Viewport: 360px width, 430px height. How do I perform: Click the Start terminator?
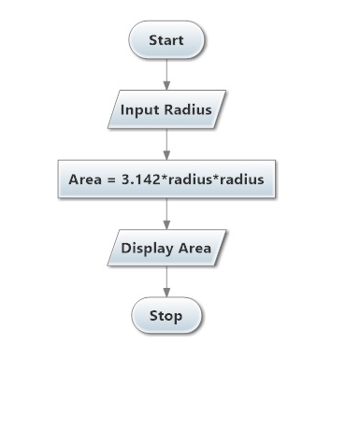pyautogui.click(x=166, y=40)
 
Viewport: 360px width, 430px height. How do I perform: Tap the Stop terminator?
pyautogui.click(x=166, y=316)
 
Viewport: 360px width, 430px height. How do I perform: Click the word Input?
pyautogui.click(x=140, y=109)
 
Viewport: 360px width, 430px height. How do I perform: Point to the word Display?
pyautogui.click(x=146, y=249)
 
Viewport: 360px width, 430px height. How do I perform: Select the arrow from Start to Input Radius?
pyautogui.click(x=166, y=73)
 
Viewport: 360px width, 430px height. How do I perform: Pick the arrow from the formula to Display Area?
pyautogui.click(x=166, y=212)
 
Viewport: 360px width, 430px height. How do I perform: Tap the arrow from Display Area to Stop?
pyautogui.click(x=166, y=280)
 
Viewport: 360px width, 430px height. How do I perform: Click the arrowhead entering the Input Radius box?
pyautogui.click(x=166, y=85)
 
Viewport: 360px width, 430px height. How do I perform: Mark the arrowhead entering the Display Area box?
pyautogui.click(x=166, y=224)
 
